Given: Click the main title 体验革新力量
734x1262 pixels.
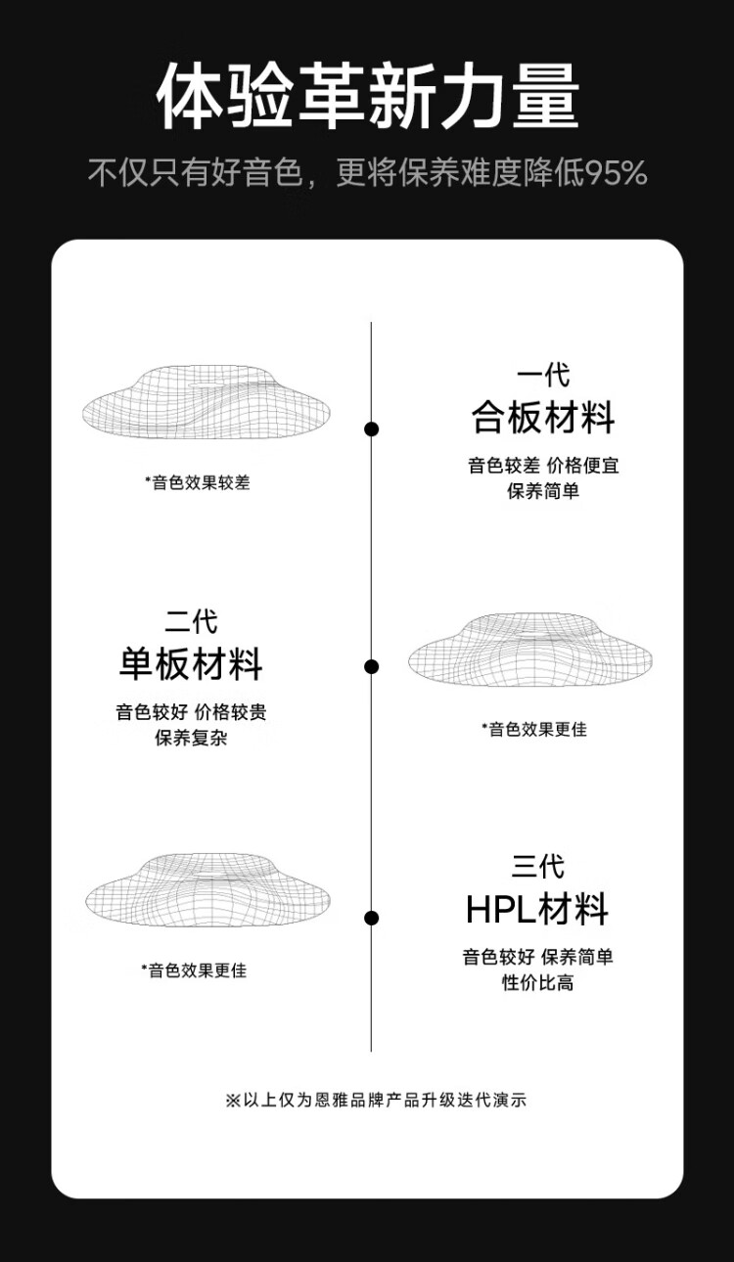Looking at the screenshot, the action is point(368,97).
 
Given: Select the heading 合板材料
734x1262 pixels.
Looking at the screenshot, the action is point(543,418).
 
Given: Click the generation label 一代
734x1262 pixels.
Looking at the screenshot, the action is point(543,376).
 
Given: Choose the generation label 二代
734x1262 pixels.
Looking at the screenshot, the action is point(191,622).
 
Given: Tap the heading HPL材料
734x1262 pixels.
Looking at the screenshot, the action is point(536,909).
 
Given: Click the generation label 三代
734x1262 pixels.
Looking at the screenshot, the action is point(537,867).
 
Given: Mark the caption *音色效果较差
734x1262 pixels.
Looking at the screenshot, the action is point(198,482).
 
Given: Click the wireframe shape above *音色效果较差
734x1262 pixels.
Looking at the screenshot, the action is point(206,402).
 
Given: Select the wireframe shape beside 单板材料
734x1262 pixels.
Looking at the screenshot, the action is point(529,649).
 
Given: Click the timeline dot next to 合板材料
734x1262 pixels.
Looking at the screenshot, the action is point(371,429).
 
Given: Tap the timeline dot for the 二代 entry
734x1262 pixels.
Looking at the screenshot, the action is point(371,666).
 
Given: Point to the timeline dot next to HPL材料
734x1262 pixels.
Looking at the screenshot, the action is point(371,918).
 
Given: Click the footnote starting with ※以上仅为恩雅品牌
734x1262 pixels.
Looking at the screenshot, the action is point(376,1100).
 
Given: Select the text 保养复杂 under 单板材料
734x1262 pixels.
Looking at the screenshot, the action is point(191,738).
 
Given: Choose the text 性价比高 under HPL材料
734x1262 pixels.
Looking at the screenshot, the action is point(537,982).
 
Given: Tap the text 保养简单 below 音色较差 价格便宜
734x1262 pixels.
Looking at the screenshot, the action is point(543,491).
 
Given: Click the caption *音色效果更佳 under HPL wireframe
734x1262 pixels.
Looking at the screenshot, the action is point(194,970).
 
